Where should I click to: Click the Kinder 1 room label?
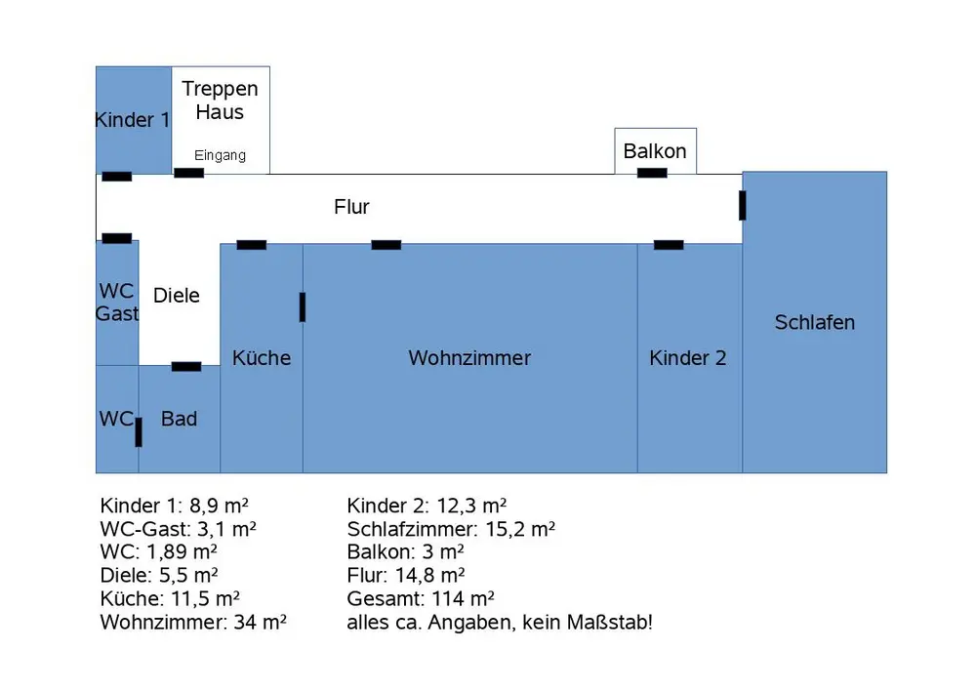133,120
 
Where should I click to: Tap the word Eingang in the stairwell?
220,155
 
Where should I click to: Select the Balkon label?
655,151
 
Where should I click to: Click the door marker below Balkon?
652,173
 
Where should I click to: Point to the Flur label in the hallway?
351,207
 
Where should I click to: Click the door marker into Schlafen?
743,205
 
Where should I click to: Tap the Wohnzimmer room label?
469,358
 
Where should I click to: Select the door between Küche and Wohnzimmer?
303,306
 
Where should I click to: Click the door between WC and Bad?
139,431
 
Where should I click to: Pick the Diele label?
177,296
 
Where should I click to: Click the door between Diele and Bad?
186,367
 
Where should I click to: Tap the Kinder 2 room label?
688,358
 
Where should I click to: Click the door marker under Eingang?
188,174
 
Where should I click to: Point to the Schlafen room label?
815,322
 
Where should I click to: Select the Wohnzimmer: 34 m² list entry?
194,622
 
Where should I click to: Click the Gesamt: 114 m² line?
421,598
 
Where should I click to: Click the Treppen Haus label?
221,100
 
